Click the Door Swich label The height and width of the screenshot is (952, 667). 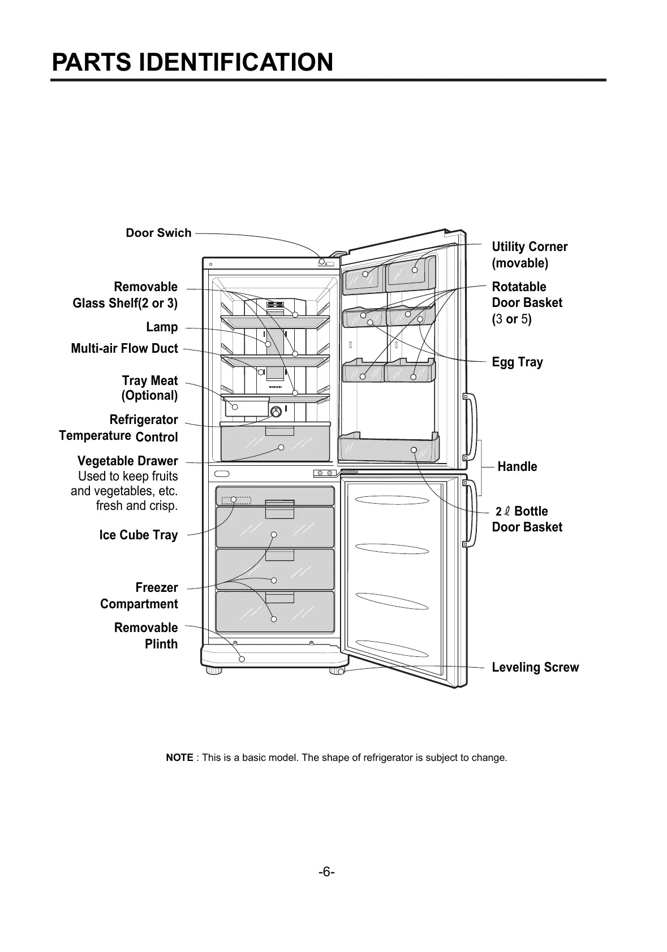(158, 233)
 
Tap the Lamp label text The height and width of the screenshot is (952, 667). (162, 327)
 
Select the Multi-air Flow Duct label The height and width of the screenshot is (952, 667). (124, 349)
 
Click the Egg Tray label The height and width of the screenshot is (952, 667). (517, 362)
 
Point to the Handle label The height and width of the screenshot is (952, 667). (517, 467)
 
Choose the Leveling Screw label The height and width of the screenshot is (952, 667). (535, 668)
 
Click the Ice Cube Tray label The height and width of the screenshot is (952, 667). (138, 535)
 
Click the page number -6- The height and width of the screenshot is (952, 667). (326, 872)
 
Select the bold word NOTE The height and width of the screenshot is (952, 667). (179, 758)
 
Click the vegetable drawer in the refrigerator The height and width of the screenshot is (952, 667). (274, 444)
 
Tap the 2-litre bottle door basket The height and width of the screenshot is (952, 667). (388, 449)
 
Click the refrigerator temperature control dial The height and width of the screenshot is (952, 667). (276, 411)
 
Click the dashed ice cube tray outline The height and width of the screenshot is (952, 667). (236, 500)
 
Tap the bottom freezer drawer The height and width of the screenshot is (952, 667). (274, 612)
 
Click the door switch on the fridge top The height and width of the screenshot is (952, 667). (322, 262)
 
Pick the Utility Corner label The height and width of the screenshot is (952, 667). (529, 255)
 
